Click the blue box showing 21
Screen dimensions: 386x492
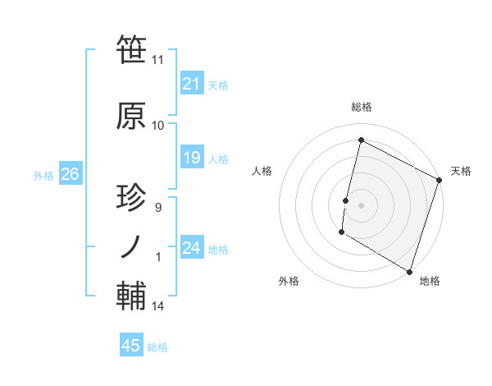[191, 84]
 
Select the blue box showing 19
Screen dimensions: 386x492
[191, 159]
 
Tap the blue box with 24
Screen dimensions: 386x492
[191, 249]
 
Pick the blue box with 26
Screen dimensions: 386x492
[70, 174]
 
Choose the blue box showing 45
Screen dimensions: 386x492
[131, 346]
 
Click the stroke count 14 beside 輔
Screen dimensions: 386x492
[157, 306]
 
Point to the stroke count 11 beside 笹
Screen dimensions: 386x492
[157, 60]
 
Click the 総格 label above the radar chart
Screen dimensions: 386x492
[361, 108]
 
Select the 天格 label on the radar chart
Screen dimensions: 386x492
[461, 171]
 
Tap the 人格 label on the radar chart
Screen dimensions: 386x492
[262, 171]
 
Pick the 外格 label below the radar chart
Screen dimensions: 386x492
[289, 281]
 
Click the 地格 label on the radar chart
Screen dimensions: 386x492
[430, 281]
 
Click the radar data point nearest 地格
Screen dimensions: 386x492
[408, 271]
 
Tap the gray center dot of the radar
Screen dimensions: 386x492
[361, 204]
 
